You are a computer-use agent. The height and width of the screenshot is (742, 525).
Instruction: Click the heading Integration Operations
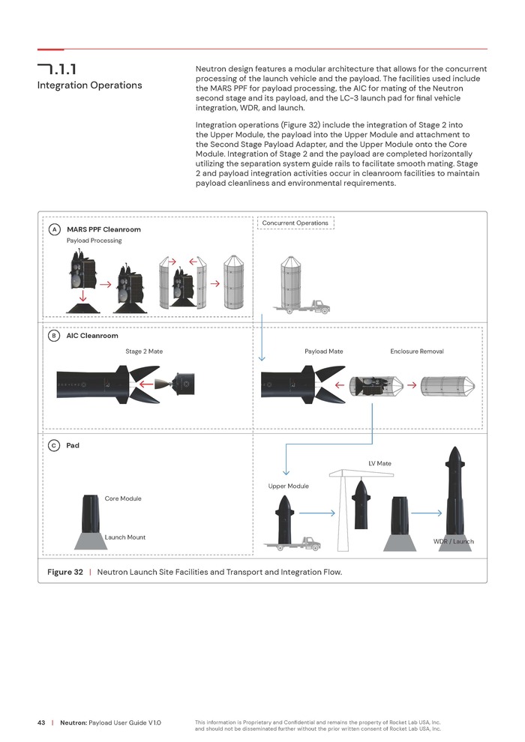click(x=89, y=85)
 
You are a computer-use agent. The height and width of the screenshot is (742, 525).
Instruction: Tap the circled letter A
click(x=55, y=229)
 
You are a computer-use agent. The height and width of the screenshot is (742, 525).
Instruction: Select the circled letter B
click(x=55, y=337)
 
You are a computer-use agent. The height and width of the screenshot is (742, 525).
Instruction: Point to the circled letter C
click(x=55, y=446)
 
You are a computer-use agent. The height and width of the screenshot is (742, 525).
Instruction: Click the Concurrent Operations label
click(x=295, y=223)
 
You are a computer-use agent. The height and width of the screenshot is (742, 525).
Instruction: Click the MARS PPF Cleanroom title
click(x=103, y=229)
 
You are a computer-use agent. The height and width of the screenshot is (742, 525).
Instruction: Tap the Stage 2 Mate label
click(x=144, y=352)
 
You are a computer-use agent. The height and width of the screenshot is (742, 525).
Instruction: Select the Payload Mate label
click(x=324, y=352)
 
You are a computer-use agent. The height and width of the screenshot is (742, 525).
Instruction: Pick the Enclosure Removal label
click(x=417, y=352)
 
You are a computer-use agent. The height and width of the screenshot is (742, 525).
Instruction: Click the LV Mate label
click(x=379, y=463)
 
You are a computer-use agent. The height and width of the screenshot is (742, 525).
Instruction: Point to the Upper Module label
click(x=288, y=486)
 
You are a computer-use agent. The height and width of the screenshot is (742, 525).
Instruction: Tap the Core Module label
click(x=123, y=498)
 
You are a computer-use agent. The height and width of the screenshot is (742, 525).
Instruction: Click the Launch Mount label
click(x=125, y=537)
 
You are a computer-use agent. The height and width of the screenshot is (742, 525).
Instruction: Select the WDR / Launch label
click(x=453, y=541)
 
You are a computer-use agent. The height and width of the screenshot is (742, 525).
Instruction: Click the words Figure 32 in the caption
click(x=65, y=572)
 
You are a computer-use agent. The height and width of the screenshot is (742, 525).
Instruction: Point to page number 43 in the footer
click(x=42, y=723)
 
